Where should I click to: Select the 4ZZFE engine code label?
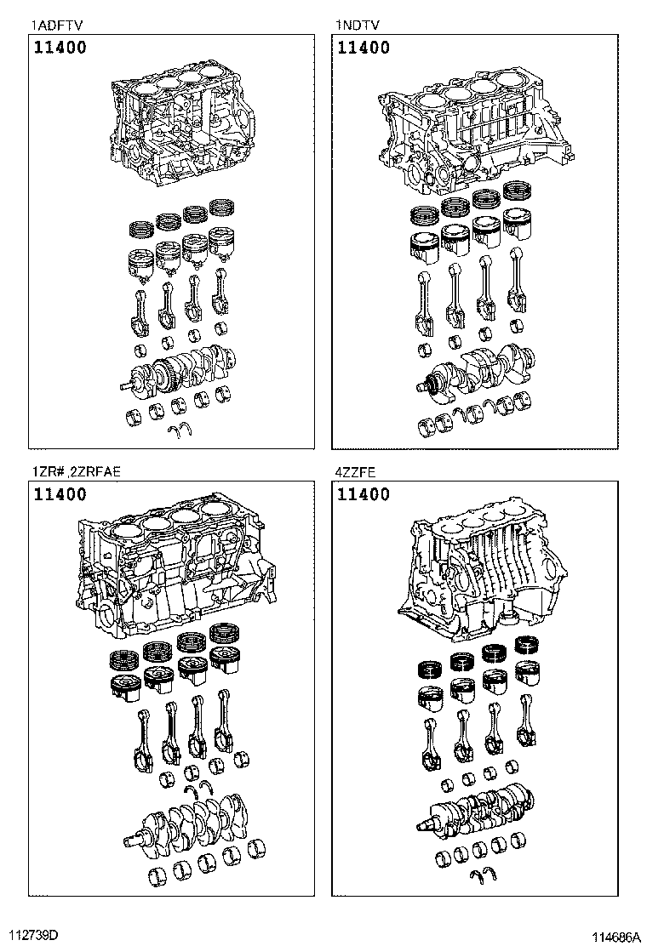pos(357,472)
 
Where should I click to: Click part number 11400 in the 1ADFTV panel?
pos(60,48)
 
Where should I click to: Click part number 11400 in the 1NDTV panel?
pos(364,48)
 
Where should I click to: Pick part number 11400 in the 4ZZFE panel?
pos(364,494)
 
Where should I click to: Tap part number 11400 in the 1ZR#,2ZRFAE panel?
pos(60,494)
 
